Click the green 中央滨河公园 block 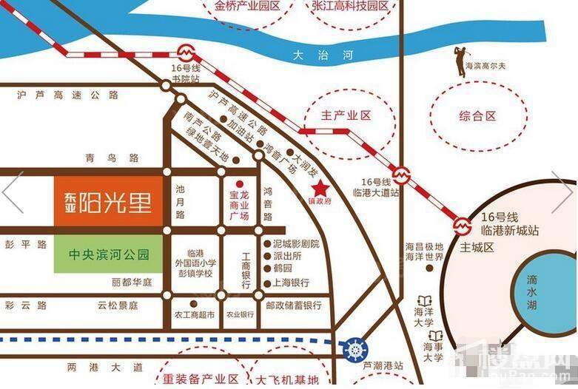click(x=108, y=255)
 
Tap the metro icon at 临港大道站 click(x=401, y=175)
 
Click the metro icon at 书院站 click(x=184, y=53)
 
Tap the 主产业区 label click(x=346, y=116)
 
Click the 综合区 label click(x=477, y=116)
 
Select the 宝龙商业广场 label click(x=239, y=205)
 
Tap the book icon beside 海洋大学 click(x=425, y=301)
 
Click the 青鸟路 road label click(x=122, y=158)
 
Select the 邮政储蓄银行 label click(x=293, y=305)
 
